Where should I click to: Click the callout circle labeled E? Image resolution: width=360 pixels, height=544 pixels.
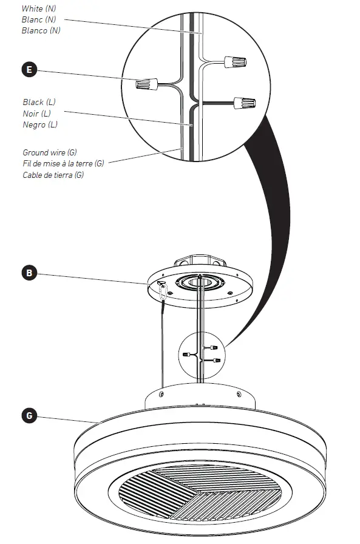click(28, 70)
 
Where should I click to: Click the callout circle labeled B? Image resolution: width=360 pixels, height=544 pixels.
click(28, 273)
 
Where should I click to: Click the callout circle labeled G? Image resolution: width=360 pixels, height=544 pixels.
click(28, 416)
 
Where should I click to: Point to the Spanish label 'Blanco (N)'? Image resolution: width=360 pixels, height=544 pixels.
click(42, 30)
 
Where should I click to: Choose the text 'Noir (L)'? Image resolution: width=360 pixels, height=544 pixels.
click(36, 114)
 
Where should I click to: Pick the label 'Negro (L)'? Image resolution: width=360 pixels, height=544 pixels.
click(40, 124)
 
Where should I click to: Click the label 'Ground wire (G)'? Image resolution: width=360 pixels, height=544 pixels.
click(50, 152)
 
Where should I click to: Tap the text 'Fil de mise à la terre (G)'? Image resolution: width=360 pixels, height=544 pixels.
click(63, 163)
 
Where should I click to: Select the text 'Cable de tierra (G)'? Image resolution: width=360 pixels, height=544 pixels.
click(53, 175)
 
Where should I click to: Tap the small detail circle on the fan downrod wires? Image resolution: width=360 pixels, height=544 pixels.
click(202, 356)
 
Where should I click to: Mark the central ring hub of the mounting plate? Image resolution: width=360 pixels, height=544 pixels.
click(200, 283)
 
